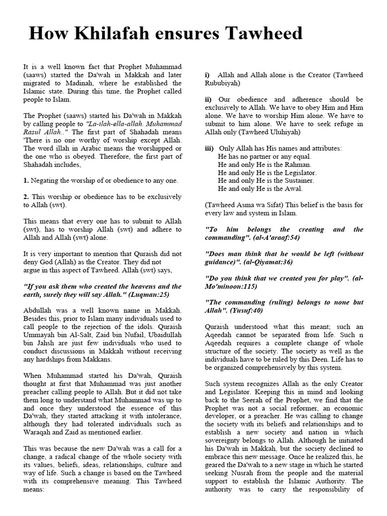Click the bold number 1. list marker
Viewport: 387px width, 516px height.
pyautogui.click(x=26, y=180)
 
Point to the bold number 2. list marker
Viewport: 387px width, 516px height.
pyautogui.click(x=26, y=197)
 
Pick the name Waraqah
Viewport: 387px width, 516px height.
pyautogui.click(x=39, y=432)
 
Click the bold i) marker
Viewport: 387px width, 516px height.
pyautogui.click(x=207, y=75)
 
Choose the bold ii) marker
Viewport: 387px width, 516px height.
pyautogui.click(x=209, y=99)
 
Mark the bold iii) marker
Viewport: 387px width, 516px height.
pyautogui.click(x=210, y=148)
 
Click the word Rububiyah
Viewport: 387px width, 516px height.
pyautogui.click(x=223, y=83)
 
